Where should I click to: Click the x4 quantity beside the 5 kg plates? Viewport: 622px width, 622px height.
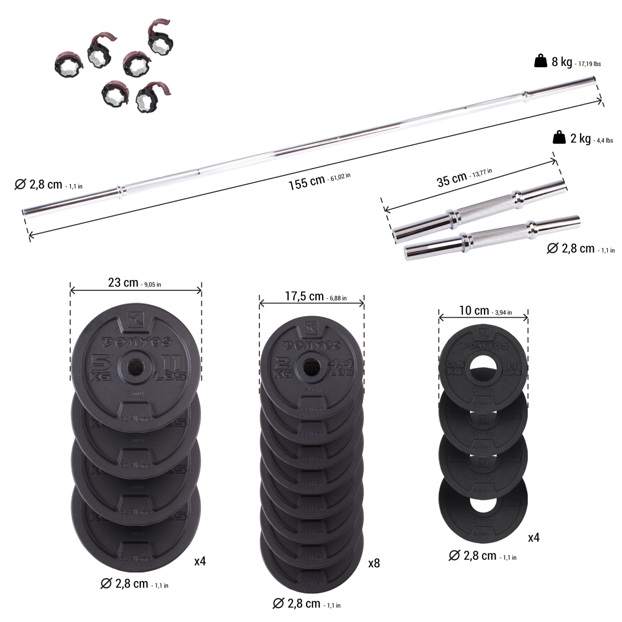click(x=200, y=561)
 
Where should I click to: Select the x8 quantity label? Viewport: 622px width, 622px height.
click(x=374, y=563)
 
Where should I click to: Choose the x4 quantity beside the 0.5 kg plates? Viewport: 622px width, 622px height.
click(x=534, y=538)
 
